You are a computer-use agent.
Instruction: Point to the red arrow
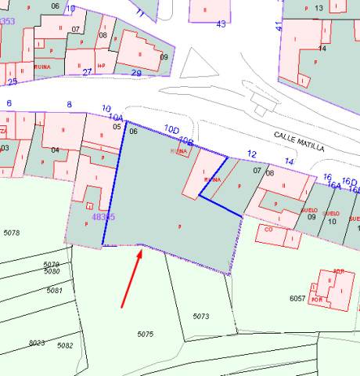click(x=131, y=278)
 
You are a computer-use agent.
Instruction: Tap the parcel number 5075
click(x=145, y=334)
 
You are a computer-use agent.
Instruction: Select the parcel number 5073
click(x=201, y=316)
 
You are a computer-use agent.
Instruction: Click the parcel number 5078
click(x=11, y=233)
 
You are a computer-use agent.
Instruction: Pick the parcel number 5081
click(x=54, y=290)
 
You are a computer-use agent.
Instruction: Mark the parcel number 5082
click(x=65, y=345)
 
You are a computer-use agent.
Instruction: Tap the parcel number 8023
click(x=36, y=342)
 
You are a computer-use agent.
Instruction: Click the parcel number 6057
click(x=297, y=298)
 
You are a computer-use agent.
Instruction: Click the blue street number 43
click(x=221, y=24)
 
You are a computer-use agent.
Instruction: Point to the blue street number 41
click(x=278, y=25)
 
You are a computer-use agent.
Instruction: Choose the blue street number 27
click(x=88, y=72)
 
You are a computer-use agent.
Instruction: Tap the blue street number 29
click(x=136, y=73)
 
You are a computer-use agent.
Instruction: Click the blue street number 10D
click(x=171, y=128)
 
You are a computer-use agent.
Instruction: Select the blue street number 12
click(x=251, y=154)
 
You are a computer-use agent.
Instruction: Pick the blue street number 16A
click(x=334, y=185)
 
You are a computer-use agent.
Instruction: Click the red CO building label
click(x=268, y=230)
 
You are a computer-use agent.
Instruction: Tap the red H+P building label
click(x=101, y=65)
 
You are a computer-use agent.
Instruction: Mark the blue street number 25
click(x=12, y=81)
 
